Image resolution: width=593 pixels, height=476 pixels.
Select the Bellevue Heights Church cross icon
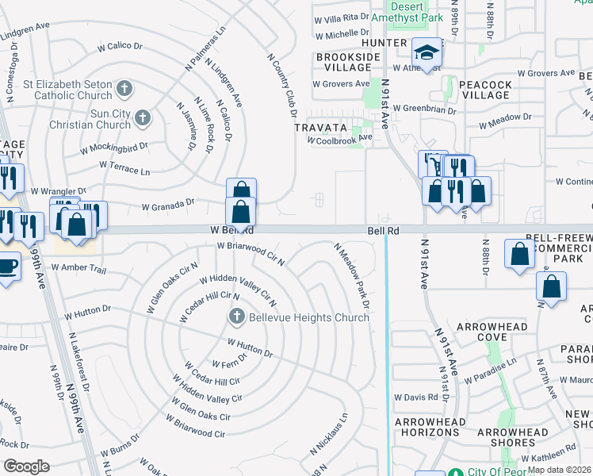coord(236,318)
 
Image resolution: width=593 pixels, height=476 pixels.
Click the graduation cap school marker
coord(427,53)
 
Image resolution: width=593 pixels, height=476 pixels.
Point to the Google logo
coord(26,466)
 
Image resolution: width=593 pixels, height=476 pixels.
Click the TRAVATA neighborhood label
coord(321,127)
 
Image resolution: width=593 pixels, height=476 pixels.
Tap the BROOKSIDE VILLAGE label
coord(344,63)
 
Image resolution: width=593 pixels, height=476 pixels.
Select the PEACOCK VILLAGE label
coord(485,89)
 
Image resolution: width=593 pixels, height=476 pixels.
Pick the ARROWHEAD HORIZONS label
coord(427,425)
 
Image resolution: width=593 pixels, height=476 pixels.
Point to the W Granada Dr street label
coord(168,205)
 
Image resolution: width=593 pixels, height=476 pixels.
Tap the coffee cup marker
coord(8,265)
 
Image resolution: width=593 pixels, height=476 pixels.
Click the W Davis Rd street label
coord(415,397)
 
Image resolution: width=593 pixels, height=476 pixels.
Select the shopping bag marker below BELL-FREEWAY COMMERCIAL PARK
coord(518,255)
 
